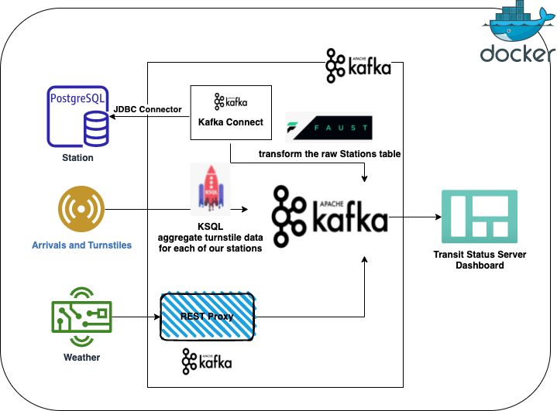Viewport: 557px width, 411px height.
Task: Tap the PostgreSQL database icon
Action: [77, 118]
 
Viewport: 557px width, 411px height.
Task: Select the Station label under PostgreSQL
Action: [77, 158]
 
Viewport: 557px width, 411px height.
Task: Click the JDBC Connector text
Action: [148, 109]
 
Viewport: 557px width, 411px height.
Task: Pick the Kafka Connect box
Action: [231, 111]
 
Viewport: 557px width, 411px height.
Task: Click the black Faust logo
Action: [328, 128]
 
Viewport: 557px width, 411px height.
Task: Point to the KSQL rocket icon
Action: [209, 187]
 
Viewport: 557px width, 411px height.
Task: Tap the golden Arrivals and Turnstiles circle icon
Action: [81, 210]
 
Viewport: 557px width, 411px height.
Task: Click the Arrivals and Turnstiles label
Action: [81, 245]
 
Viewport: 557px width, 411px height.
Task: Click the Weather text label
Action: [81, 358]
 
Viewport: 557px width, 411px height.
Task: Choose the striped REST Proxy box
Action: [207, 316]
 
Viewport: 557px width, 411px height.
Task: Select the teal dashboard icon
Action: [479, 214]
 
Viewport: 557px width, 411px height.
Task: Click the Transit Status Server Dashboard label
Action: [479, 259]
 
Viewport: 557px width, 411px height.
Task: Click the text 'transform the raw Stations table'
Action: [329, 154]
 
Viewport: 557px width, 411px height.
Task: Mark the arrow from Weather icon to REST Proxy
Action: [135, 316]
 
